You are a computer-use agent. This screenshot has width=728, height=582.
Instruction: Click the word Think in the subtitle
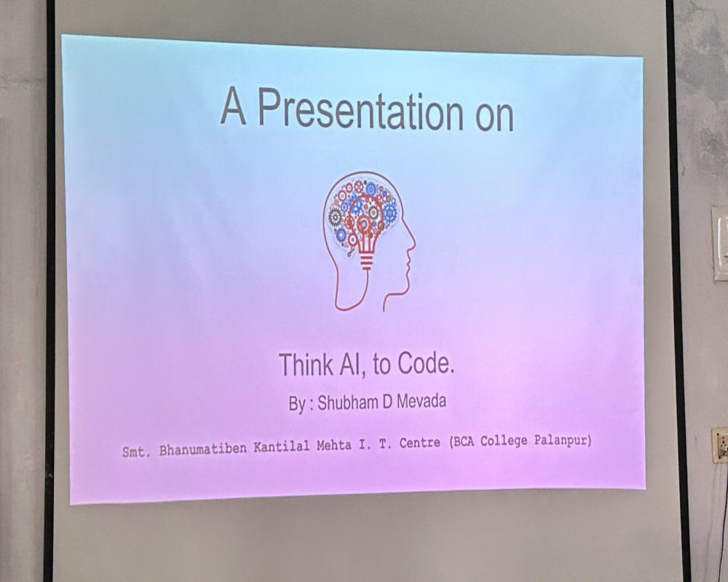[x=306, y=364]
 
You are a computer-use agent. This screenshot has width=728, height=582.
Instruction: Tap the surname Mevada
[x=420, y=401]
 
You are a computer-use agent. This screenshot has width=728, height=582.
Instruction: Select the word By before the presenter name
[x=297, y=404]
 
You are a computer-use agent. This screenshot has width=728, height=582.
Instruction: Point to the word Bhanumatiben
[x=203, y=450]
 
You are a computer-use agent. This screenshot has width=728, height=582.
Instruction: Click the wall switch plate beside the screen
[x=720, y=243]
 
